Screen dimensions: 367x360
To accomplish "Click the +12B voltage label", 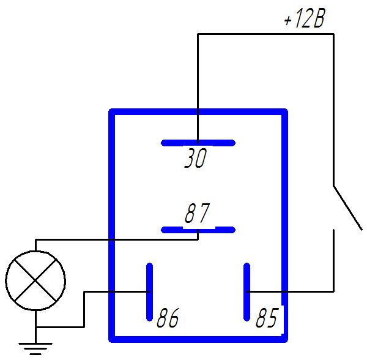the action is pos(305,18).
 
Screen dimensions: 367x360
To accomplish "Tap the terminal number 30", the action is pos(196,158).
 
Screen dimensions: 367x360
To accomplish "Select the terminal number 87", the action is pos(198,213).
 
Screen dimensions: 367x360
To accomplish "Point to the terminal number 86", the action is pos(168,318).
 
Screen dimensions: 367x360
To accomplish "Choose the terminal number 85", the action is pos(267,317).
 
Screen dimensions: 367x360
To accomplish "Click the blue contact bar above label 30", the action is pos(198,143).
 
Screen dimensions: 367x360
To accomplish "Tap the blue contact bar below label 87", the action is pos(198,230).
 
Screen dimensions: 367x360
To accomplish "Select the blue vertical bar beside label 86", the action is pos(150,292).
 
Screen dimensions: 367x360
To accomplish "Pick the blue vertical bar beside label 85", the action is pos(247,292).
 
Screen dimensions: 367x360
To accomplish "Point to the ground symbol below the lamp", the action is pos(35,349).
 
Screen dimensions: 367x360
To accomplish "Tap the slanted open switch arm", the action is pos(348,208).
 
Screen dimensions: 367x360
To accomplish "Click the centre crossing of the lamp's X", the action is pos(35,280).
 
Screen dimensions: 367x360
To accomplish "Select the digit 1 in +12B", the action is pos(298,18).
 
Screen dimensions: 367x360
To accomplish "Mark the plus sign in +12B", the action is pos(287,20).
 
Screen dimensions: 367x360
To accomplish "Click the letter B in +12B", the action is pos(318,18).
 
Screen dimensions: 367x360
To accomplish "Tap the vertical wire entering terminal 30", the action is pos(198,88).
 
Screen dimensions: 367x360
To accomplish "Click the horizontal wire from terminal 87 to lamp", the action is pos(117,239).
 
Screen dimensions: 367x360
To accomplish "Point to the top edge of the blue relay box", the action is pos(198,111).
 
